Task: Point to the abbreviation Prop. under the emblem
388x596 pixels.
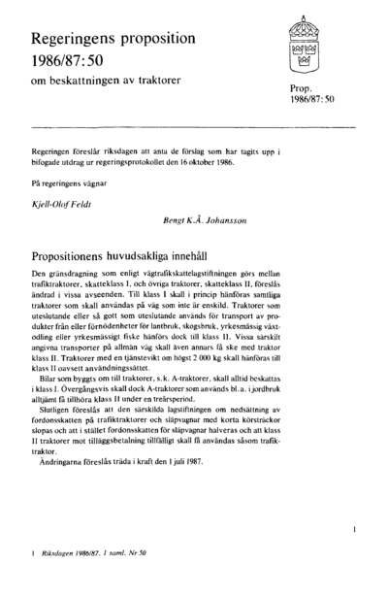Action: pyautogui.click(x=302, y=89)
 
